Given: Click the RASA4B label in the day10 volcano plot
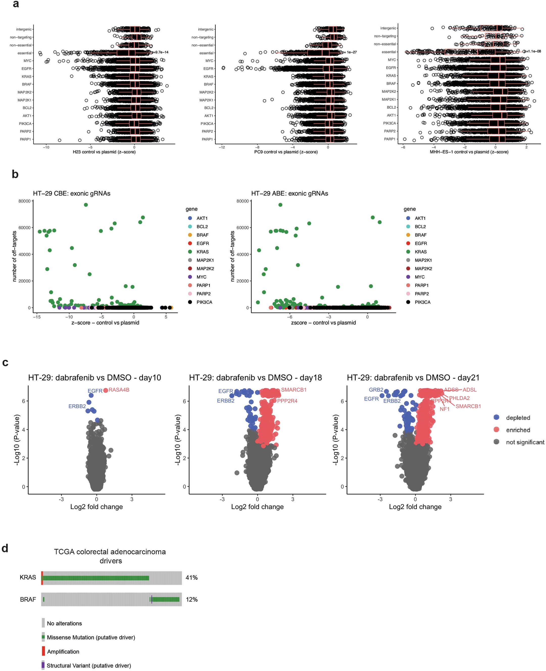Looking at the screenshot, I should click(x=119, y=390).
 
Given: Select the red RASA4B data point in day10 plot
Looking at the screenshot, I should click(x=106, y=390).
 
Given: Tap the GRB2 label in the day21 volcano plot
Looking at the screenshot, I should click(x=376, y=390).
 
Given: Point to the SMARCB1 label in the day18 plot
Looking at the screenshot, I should click(x=293, y=390).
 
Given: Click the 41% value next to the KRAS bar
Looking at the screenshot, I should click(x=191, y=578).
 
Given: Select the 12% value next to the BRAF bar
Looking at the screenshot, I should click(x=191, y=600).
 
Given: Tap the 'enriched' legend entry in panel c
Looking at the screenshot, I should click(x=518, y=430).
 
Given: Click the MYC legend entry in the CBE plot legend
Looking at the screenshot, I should click(x=201, y=277).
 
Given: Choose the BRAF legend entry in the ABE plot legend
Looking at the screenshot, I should click(x=420, y=235).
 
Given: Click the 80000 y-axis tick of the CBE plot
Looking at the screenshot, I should click(x=24, y=201).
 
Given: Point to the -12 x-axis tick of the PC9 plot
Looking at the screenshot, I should click(x=222, y=147).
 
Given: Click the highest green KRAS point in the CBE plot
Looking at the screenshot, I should click(x=86, y=205).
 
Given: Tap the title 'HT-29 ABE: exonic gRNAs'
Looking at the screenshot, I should click(x=289, y=193).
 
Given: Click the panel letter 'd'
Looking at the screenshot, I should click(x=5, y=548).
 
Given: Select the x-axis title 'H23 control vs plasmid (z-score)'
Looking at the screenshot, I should click(x=104, y=152).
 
